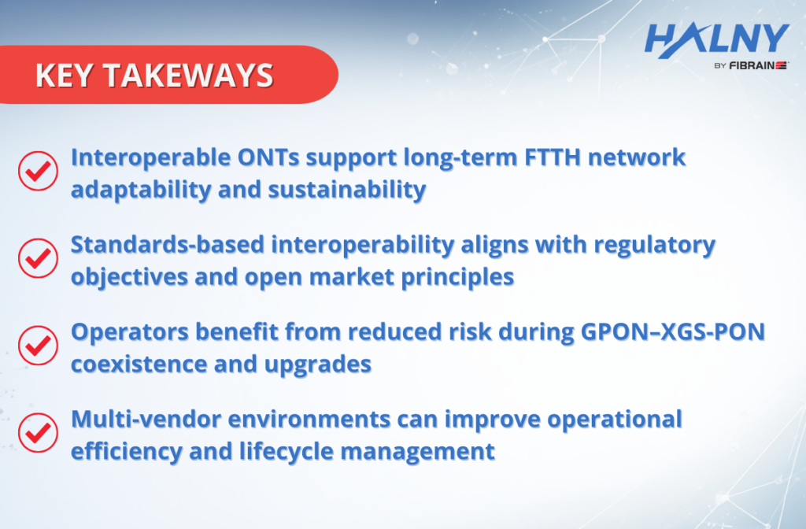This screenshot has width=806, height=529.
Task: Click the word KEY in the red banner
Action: [65, 76]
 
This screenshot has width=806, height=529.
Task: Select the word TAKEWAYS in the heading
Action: [188, 76]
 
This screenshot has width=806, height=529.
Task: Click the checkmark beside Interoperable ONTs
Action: [38, 171]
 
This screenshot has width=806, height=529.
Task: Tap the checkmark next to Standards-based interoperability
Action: [38, 258]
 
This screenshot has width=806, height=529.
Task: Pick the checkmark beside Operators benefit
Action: [38, 346]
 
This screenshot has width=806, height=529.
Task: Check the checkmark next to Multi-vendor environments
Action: [38, 433]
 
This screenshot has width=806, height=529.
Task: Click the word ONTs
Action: [268, 157]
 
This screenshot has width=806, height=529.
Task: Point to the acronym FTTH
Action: [553, 157]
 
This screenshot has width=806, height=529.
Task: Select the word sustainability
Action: [347, 190]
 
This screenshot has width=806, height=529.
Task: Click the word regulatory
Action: [654, 246]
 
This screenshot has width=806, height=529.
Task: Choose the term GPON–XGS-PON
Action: [673, 332]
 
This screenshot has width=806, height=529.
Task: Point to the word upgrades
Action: [318, 365]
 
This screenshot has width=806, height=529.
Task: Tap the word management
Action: [417, 453]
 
